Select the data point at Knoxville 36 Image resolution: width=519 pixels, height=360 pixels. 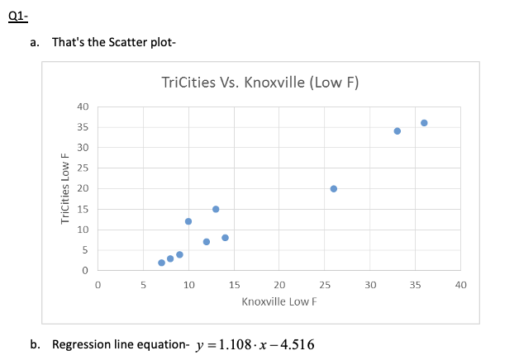(424, 123)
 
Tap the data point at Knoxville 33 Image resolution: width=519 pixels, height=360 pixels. (398, 131)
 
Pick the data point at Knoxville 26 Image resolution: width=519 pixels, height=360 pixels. (334, 188)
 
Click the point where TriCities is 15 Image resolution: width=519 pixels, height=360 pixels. (216, 209)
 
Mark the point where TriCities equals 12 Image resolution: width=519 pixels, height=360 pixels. (188, 221)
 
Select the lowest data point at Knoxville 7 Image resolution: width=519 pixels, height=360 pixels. (162, 263)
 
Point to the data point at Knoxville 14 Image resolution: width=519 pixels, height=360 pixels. (225, 238)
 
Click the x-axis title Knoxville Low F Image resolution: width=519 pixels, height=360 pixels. (279, 301)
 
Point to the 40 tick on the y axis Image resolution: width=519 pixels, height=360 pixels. (83, 107)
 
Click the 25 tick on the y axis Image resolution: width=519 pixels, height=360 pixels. (83, 168)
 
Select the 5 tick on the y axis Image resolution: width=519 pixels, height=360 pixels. (85, 250)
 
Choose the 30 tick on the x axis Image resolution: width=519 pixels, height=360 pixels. (370, 285)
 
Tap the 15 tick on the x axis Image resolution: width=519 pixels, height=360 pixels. (234, 285)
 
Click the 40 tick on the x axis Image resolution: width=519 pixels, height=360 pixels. (461, 285)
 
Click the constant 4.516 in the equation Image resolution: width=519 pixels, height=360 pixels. (295, 344)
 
